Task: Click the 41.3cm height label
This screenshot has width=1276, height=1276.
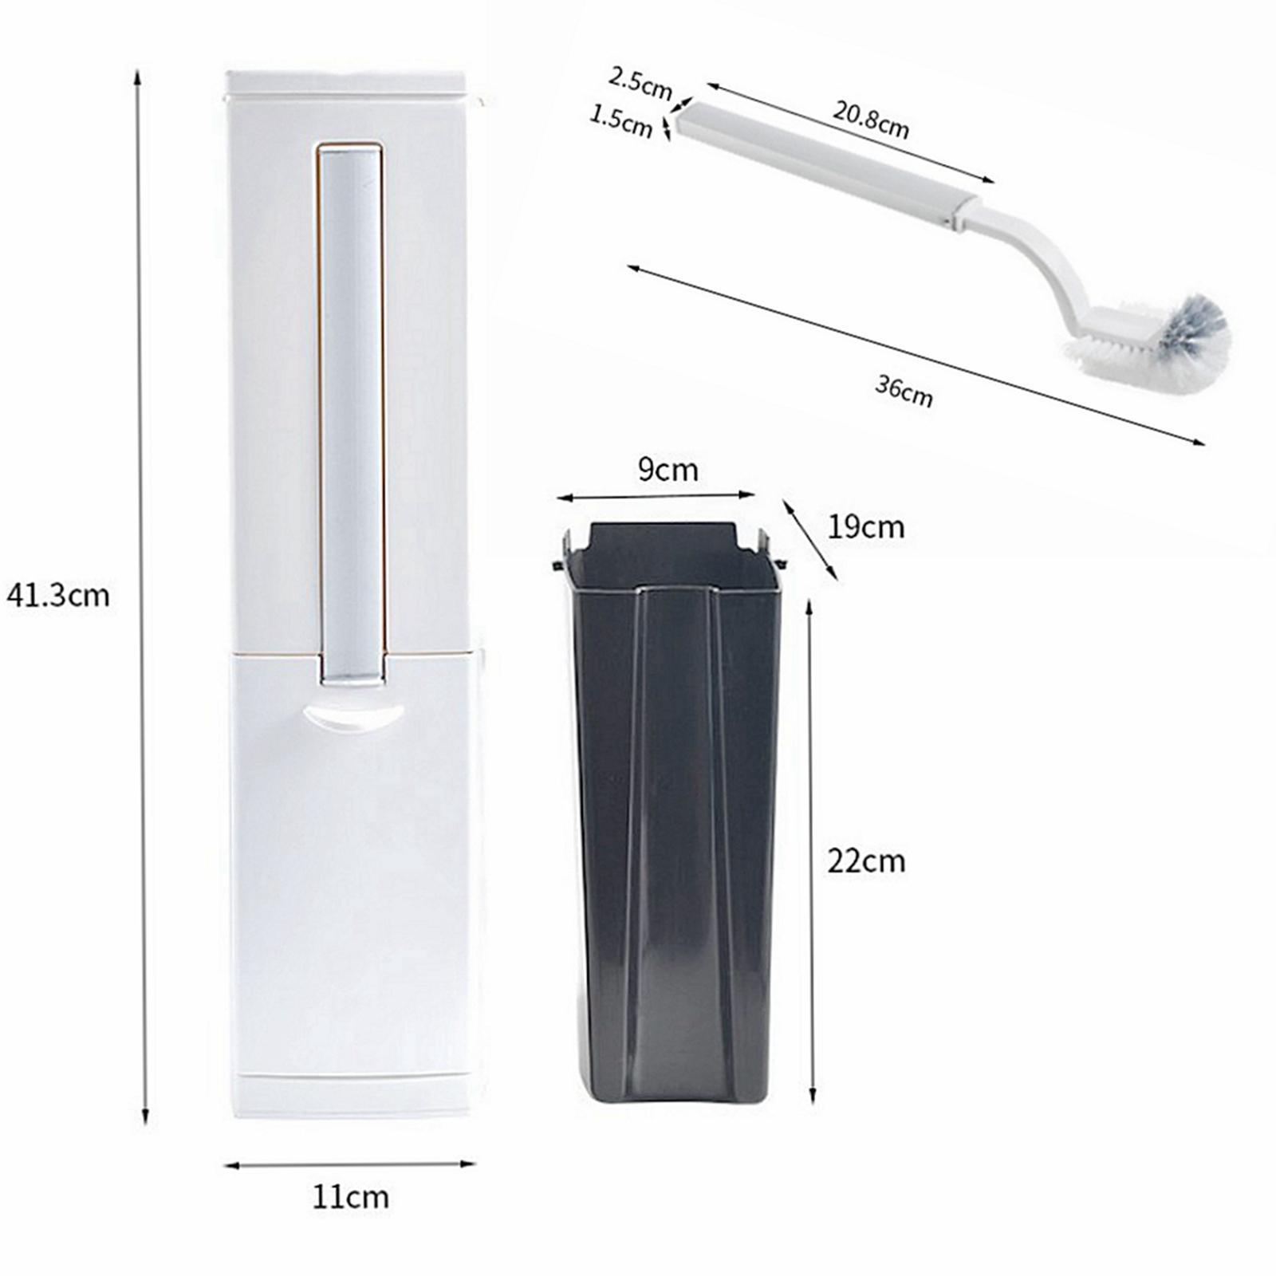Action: tap(57, 596)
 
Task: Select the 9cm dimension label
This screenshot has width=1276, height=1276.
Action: tap(668, 471)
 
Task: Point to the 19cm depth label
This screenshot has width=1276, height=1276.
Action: tap(865, 527)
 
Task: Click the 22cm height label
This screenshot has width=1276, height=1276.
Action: tap(866, 861)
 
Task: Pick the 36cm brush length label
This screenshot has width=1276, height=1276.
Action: tap(904, 390)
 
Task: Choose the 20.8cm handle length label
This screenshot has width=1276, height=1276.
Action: tap(871, 120)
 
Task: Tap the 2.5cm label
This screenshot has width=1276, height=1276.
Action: tap(640, 83)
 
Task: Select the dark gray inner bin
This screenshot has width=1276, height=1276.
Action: tap(675, 813)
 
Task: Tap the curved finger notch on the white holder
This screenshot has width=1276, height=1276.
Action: tap(354, 713)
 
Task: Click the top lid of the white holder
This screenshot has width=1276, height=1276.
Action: tap(347, 83)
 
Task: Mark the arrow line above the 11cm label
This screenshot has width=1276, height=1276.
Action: tap(350, 1164)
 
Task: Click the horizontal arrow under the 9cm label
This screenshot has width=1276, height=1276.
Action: tap(656, 497)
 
